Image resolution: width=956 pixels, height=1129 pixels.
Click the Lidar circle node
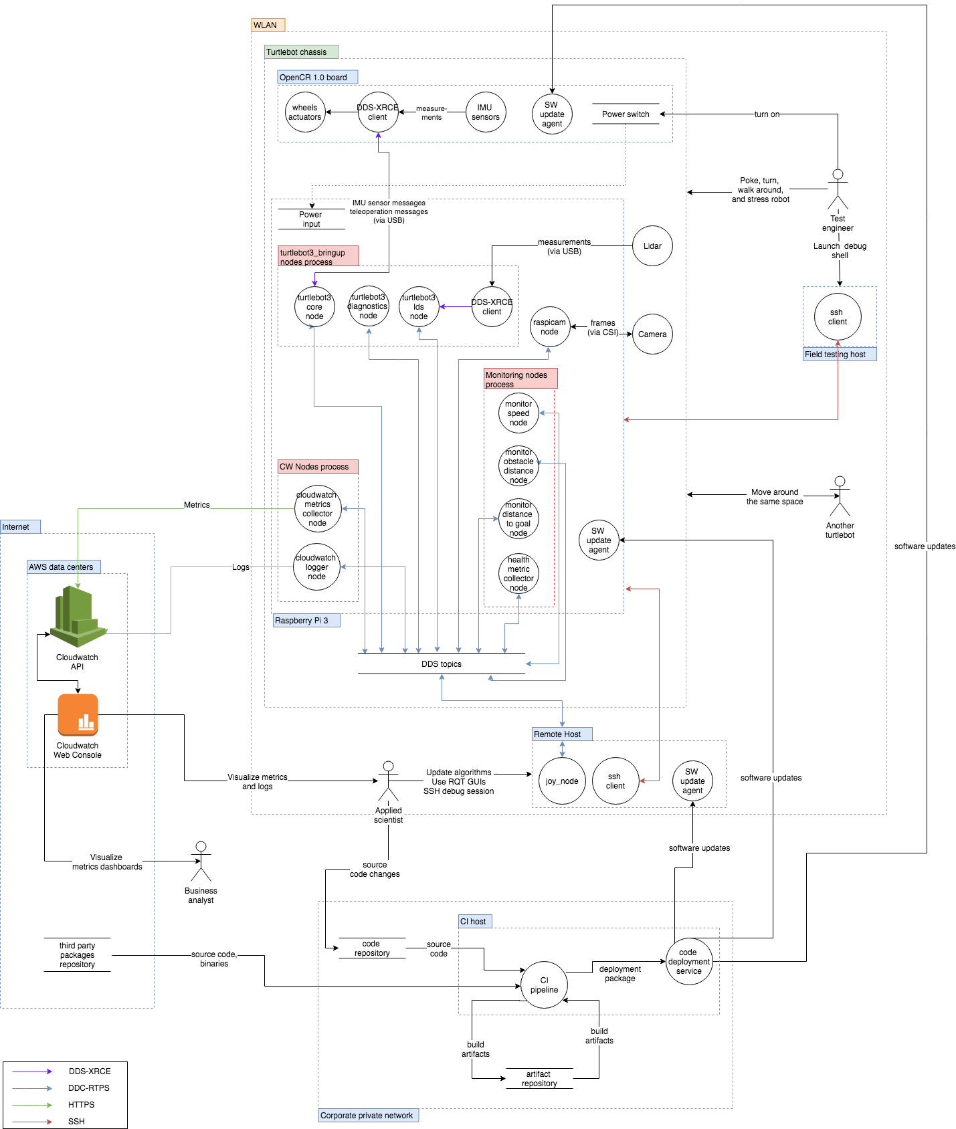[652, 246]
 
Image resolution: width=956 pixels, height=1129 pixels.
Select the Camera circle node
[652, 334]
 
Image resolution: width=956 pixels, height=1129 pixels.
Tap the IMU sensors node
[485, 112]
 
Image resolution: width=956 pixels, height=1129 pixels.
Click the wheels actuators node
[305, 112]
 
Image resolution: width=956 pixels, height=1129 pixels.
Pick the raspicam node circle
[549, 327]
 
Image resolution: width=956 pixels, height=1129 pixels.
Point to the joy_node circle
[562, 781]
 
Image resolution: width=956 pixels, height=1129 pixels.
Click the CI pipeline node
[544, 985]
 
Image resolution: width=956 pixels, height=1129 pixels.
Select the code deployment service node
[689, 962]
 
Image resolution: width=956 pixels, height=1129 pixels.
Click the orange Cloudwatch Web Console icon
[78, 715]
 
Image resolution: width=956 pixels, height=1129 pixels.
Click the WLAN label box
[268, 25]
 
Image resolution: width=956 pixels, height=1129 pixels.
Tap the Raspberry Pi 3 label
[306, 621]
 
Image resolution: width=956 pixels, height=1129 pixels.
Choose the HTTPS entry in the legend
[81, 1105]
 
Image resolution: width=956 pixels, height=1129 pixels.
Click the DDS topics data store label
[442, 664]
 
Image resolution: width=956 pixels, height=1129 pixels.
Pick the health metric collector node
[518, 574]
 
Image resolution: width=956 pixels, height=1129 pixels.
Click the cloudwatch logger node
[317, 567]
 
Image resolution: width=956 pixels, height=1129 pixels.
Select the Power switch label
[626, 114]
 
